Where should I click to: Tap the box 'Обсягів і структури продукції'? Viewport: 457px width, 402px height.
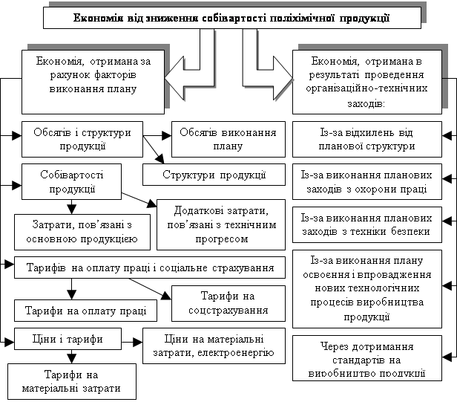tap(82, 139)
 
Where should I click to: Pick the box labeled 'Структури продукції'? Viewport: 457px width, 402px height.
tap(214, 175)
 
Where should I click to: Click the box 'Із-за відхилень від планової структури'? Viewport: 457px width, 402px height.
tap(366, 139)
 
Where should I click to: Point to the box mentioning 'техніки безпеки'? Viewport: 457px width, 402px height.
tap(366, 224)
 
